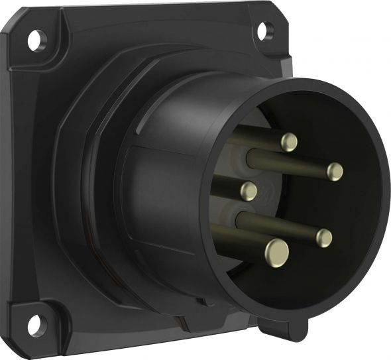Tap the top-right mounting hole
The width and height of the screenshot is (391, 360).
pyautogui.click(x=263, y=29)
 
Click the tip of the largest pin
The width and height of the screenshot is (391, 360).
pyautogui.click(x=278, y=250)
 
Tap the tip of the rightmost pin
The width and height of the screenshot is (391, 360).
pyautogui.click(x=335, y=171)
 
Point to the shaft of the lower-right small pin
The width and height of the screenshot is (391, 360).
pyautogui.click(x=278, y=223)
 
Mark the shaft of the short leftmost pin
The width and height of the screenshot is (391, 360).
pyautogui.click(x=229, y=186)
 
